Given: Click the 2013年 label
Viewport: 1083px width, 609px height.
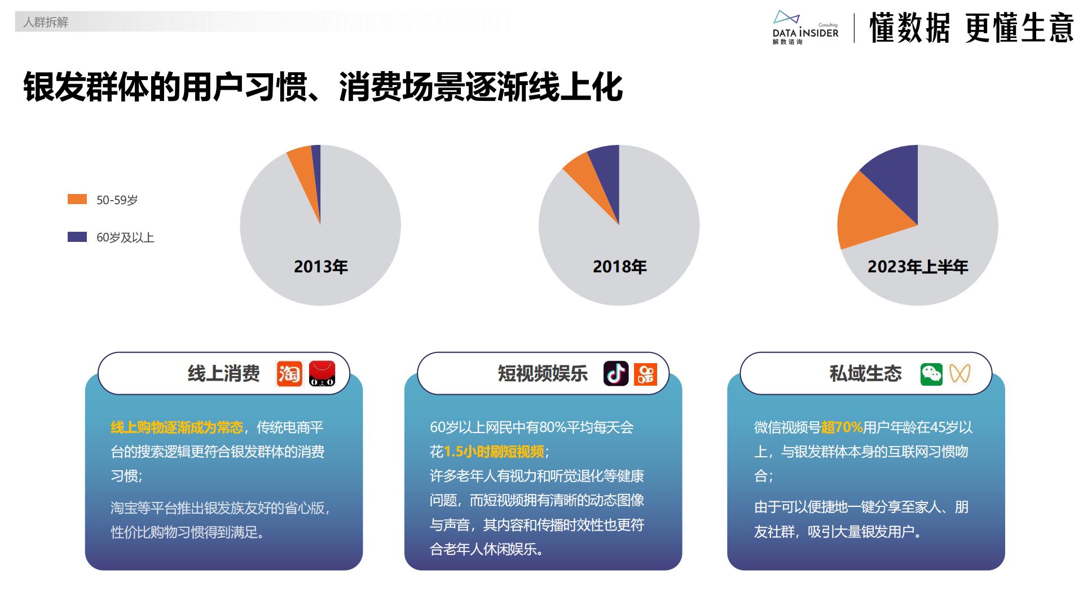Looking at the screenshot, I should tap(320, 267).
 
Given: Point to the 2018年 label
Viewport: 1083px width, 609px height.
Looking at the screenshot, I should tap(619, 267).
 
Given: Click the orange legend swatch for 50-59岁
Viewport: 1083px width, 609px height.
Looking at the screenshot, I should tap(77, 199).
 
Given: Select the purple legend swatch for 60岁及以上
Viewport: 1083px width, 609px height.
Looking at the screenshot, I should tap(77, 237).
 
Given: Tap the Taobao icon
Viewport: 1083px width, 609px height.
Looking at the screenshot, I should tap(289, 373).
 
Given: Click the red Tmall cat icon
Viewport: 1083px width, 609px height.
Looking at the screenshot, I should tap(322, 373).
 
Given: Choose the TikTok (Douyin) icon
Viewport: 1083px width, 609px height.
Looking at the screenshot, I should tap(616, 373).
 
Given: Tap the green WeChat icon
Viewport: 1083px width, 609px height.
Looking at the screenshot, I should tap(931, 374).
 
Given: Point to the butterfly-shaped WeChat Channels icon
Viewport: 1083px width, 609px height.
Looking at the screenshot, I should tap(959, 373).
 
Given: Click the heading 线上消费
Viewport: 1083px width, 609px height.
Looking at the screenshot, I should tap(223, 373).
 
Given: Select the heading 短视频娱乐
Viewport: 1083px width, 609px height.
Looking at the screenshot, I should tap(543, 373).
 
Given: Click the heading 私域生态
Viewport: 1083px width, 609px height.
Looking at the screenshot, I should tap(865, 373).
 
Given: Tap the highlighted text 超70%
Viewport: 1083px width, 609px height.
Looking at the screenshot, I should tap(842, 427).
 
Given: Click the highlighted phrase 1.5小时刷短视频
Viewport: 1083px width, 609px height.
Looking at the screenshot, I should tap(494, 452).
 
